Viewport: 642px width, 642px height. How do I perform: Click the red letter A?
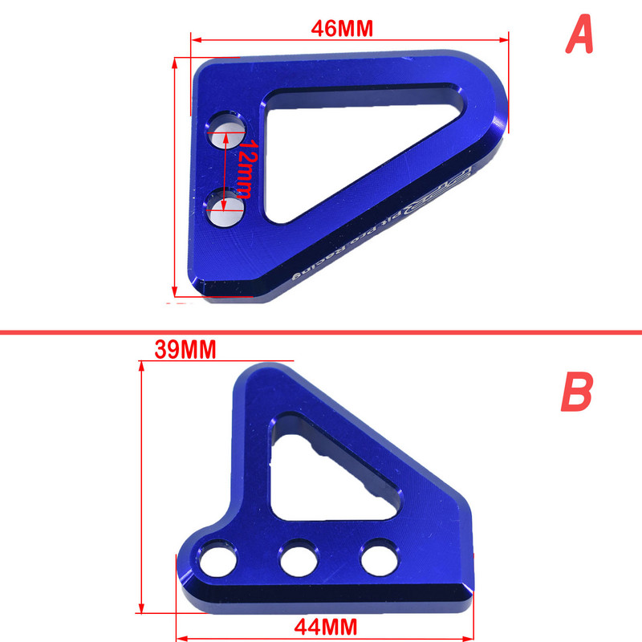point(579,35)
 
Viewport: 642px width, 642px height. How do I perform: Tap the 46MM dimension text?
point(342,28)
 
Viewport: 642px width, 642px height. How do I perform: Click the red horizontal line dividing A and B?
point(321,331)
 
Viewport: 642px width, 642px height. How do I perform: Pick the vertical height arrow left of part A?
point(175,177)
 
